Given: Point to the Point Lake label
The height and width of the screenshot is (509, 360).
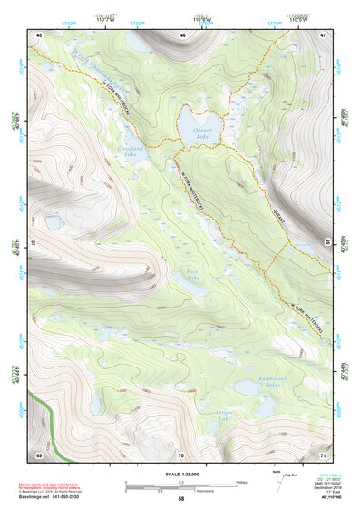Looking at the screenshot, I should click(x=190, y=274).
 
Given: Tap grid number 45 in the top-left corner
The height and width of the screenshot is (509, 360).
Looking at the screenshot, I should click(x=39, y=34).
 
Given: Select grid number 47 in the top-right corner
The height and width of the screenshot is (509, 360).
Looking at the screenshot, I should click(x=323, y=34).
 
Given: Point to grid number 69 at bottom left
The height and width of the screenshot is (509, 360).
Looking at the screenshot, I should click(x=39, y=453).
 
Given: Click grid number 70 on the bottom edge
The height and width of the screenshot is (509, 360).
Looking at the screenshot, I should click(x=181, y=453).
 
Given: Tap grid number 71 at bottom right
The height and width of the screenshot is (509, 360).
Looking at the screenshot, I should click(x=323, y=453).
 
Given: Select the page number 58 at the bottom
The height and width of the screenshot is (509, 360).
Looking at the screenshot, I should click(x=181, y=498).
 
